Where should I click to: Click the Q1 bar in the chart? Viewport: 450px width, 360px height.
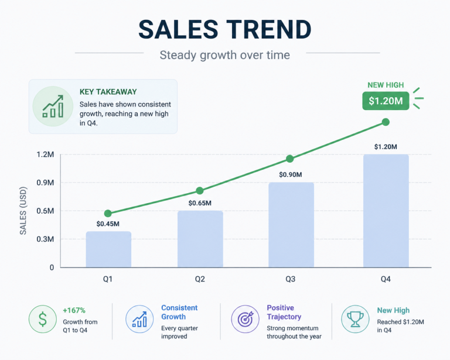pos(108,249)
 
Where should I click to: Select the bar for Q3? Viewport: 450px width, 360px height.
pos(291,225)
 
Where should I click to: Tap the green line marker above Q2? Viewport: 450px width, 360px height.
pos(200,191)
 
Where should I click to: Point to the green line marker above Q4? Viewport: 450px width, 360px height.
pos(386,122)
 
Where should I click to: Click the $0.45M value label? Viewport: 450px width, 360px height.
pos(108,224)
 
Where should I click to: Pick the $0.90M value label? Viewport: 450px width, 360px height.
pos(291,174)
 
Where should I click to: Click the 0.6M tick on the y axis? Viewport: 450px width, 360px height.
pos(45,211)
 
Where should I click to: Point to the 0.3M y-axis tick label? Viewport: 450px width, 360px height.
pos(45,239)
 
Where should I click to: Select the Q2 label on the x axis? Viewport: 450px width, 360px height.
pos(200,279)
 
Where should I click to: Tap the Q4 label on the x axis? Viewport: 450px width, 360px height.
pos(386,279)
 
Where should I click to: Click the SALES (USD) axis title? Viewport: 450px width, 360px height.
pos(23,211)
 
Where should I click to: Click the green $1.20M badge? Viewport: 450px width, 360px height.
pos(386,101)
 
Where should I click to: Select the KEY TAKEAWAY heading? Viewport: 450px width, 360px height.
pos(108,92)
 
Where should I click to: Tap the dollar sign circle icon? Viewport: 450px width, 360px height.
pos(42,319)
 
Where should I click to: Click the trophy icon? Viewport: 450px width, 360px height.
pos(355,319)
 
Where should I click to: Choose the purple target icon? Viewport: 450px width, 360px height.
pos(245,319)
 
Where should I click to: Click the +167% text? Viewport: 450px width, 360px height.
pos(74,310)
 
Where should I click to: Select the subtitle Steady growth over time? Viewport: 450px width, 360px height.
pos(225,55)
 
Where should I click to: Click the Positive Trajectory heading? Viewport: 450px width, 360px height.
pos(284,312)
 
